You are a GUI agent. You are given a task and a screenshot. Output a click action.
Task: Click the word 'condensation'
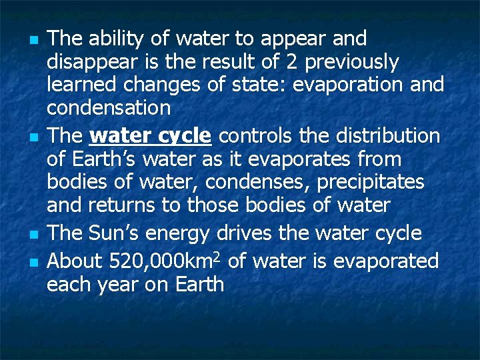point(109,107)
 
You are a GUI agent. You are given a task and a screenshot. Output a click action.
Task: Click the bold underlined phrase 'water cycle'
point(150,136)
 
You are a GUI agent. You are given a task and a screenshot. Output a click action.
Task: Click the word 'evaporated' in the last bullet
point(386,261)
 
